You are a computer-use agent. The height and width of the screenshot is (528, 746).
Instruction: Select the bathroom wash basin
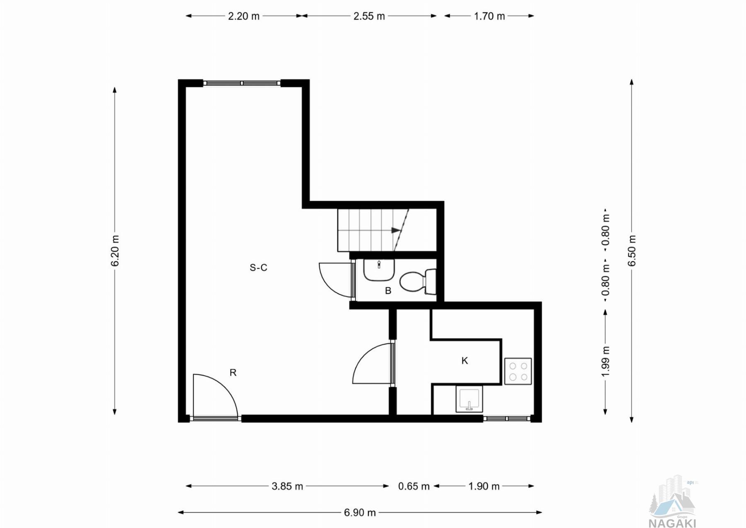click(379, 270)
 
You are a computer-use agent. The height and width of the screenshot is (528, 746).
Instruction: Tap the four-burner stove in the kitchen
click(518, 371)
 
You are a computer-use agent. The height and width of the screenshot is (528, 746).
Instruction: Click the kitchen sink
click(469, 399)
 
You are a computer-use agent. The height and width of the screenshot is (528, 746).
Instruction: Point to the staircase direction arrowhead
click(396, 230)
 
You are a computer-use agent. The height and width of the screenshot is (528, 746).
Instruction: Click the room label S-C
click(258, 268)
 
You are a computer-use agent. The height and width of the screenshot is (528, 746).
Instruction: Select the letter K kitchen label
click(465, 361)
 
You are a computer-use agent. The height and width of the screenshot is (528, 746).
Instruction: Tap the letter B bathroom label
click(388, 291)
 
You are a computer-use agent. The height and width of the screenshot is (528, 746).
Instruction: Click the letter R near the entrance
click(233, 373)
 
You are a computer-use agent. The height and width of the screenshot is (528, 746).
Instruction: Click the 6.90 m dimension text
click(360, 513)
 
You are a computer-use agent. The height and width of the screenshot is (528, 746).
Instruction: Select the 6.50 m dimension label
click(632, 251)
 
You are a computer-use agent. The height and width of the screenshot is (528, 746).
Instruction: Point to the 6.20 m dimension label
click(115, 251)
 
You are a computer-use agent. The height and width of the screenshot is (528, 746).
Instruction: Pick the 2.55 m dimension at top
click(369, 16)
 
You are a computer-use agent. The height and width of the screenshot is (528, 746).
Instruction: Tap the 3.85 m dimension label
click(287, 486)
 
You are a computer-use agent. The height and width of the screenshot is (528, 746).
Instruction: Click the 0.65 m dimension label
click(414, 486)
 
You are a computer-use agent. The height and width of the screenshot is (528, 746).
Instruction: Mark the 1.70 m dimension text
click(489, 16)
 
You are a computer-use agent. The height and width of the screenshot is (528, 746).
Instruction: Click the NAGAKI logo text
click(672, 523)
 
